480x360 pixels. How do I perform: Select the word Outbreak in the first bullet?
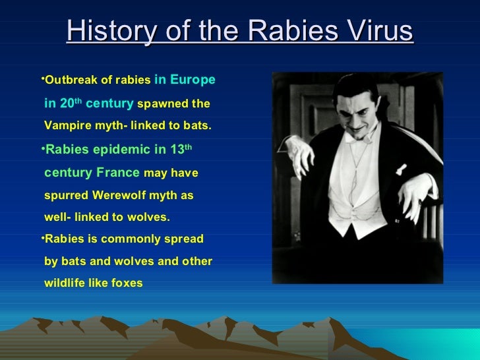click(68, 80)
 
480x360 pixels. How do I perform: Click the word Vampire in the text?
click(65, 125)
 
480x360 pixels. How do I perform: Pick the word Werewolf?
click(111, 196)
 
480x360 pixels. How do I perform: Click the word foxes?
click(123, 284)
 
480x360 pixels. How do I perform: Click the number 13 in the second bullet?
click(176, 150)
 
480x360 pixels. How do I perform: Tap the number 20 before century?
click(67, 104)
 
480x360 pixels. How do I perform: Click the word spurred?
click(65, 196)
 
